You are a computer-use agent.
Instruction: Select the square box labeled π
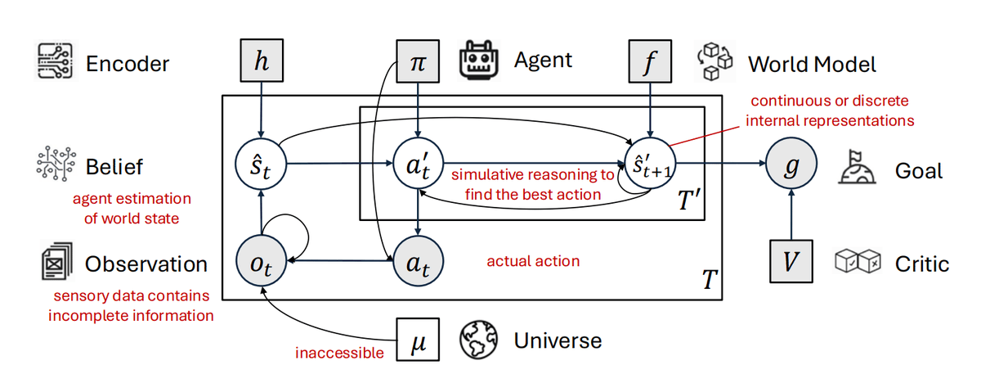coord(418,62)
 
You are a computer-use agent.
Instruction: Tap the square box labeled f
coord(649,62)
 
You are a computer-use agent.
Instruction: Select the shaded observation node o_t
coord(260,262)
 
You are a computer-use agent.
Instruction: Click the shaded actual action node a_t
coord(418,262)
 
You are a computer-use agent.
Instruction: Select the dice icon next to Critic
coord(858,263)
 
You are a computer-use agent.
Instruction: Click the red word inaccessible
coord(339,354)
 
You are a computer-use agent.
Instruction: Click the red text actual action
coord(533,261)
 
